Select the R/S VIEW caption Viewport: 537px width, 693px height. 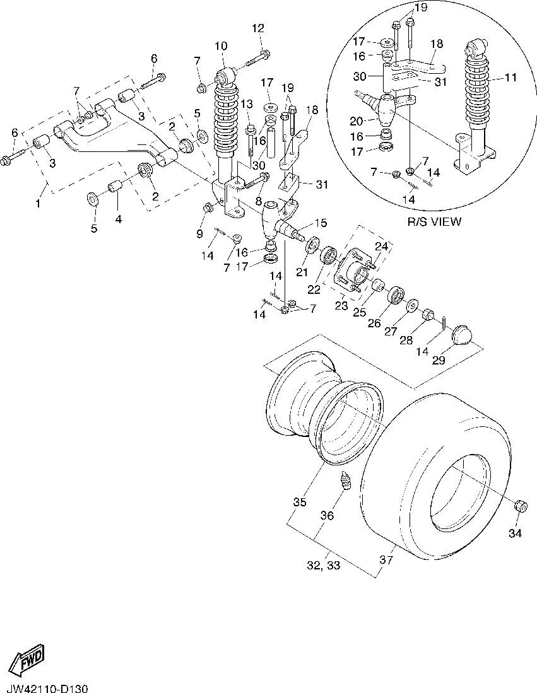pos(434,221)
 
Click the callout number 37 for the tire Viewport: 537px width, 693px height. pos(386,560)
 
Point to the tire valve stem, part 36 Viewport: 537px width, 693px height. pos(345,481)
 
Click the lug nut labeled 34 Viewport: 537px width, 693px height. pos(521,506)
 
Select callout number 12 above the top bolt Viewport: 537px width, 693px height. pos(258,28)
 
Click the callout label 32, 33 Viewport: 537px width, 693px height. pos(324,565)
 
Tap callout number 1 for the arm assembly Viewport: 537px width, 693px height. pos(38,203)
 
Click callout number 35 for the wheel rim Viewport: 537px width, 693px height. pos(300,503)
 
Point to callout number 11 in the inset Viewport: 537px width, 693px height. pos(511,78)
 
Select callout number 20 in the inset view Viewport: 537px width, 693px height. pos(357,120)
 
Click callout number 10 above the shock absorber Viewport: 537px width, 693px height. pos(221,45)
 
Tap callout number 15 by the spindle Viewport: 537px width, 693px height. pos(321,223)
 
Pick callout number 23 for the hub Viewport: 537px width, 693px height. pos(341,305)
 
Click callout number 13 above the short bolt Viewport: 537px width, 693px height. pos(247,104)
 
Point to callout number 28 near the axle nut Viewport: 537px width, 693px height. pos(406,340)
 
